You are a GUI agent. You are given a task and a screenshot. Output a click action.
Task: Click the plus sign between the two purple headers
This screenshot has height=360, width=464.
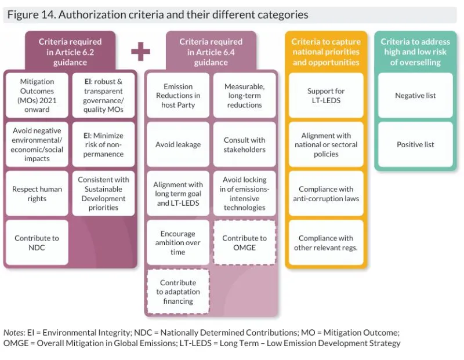tap(140, 52)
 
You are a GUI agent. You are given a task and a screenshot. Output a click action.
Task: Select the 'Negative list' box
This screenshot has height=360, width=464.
tap(415, 96)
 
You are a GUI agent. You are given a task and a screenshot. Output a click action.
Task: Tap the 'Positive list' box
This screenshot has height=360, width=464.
tap(415, 144)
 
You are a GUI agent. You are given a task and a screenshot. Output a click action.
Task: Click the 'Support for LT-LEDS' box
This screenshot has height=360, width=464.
tap(325, 96)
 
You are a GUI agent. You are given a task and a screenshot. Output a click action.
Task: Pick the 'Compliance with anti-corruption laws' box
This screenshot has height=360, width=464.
tap(325, 194)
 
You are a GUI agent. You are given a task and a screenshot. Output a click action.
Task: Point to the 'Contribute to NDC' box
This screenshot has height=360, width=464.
tap(37, 242)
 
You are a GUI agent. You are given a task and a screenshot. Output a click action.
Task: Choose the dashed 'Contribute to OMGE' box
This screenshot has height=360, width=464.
tap(244, 242)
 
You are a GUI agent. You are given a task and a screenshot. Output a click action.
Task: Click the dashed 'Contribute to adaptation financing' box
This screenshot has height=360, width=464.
tap(177, 292)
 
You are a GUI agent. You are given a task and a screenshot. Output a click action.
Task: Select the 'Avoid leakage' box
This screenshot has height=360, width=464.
tap(177, 144)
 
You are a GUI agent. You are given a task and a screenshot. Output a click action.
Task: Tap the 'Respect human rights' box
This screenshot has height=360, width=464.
tap(37, 194)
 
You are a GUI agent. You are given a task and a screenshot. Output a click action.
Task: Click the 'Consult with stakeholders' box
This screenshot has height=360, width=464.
tap(244, 144)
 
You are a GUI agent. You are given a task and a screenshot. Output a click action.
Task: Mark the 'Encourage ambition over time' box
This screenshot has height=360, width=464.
tap(177, 242)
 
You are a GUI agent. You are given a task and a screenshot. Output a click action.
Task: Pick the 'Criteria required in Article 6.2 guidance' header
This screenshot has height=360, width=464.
tap(70, 52)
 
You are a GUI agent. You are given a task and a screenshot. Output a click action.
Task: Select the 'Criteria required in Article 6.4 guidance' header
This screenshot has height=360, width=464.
tap(211, 52)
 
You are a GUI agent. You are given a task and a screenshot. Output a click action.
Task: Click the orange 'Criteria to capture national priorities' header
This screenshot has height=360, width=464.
tap(325, 52)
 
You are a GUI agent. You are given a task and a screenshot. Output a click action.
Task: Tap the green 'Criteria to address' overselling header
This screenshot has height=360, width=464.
tap(415, 52)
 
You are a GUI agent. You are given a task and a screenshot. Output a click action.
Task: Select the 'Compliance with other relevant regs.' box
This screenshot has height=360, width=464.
tap(325, 242)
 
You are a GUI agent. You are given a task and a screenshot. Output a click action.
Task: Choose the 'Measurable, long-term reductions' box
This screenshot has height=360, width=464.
tap(244, 96)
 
